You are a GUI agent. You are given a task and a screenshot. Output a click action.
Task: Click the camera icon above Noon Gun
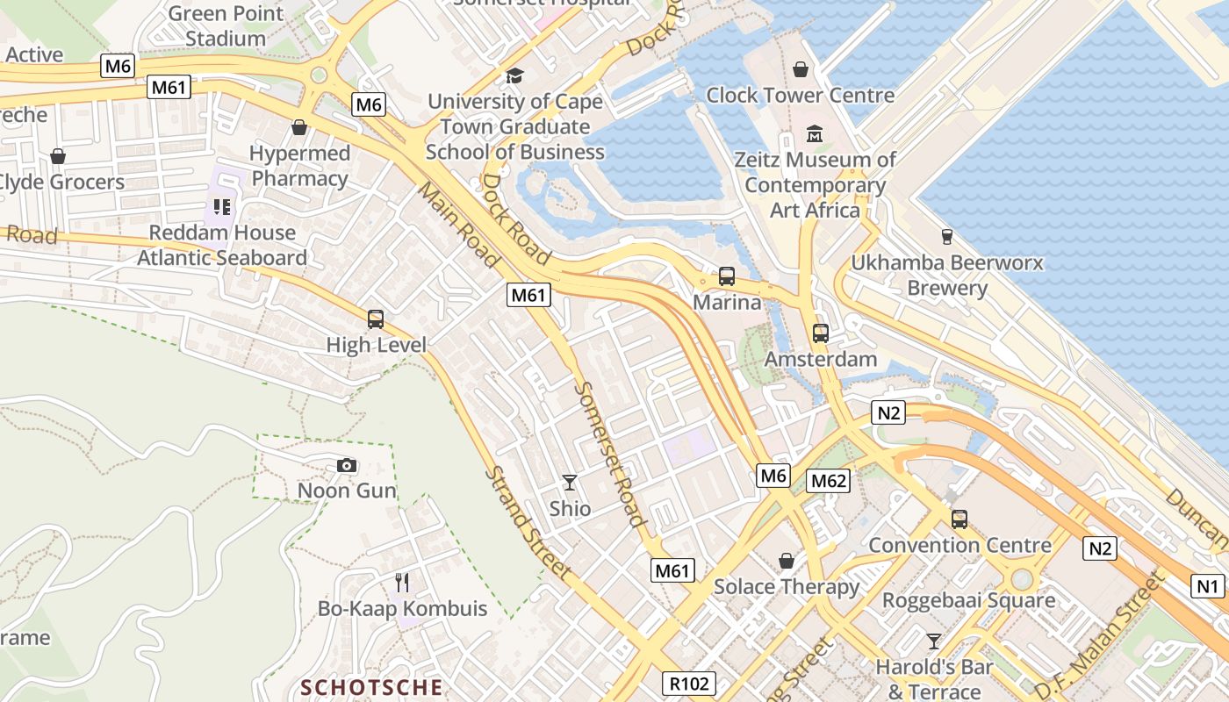point(347,465)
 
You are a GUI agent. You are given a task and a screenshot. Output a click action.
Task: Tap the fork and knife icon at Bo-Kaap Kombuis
point(402,582)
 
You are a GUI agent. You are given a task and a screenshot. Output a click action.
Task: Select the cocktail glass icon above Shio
point(570,482)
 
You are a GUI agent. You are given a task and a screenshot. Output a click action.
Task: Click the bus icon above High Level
point(376,319)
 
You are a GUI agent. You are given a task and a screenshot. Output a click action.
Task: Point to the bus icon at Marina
point(727,276)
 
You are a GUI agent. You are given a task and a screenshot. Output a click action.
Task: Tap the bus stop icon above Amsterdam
point(821,333)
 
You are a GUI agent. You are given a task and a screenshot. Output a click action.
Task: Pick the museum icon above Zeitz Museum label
point(815,134)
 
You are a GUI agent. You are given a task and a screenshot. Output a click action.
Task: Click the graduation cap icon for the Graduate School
point(514,75)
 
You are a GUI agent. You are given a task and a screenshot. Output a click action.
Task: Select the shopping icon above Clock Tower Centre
point(800,68)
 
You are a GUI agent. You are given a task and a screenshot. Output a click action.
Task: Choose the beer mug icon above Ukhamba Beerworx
point(946,236)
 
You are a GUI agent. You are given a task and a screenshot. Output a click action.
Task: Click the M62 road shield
point(829,480)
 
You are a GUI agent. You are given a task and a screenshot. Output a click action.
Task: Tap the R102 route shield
point(689,684)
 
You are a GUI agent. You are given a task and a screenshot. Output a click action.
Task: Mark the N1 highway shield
point(1208,585)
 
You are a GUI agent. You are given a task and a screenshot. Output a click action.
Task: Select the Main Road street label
point(458,225)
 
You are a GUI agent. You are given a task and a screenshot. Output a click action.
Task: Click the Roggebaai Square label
point(969,600)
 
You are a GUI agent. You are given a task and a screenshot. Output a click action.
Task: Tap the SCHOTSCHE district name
point(372,686)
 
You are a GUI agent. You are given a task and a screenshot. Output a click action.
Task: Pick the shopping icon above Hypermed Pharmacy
point(299,128)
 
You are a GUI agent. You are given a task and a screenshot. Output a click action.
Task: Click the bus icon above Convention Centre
point(959,519)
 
